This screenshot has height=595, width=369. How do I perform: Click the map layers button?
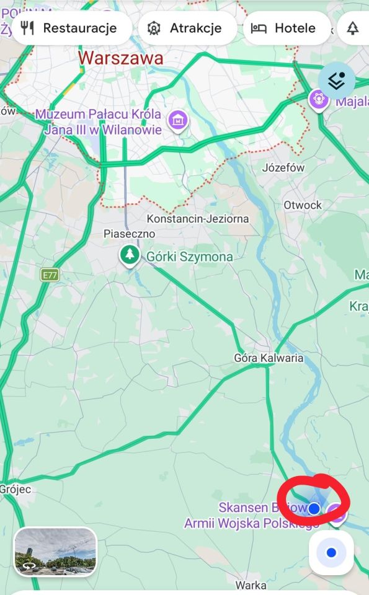[x=337, y=81]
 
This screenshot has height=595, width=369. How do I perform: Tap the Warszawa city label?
[x=121, y=59]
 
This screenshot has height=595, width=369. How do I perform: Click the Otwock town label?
[x=303, y=205]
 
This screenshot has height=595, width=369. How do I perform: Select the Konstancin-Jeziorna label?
[x=198, y=219]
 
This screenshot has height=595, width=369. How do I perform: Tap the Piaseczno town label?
[x=129, y=234]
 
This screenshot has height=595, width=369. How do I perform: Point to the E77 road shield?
[x=50, y=275]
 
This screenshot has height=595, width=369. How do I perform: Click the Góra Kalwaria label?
[x=269, y=358]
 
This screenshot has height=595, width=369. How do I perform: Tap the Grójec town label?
[x=15, y=489]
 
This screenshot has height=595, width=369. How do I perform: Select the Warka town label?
[x=251, y=585]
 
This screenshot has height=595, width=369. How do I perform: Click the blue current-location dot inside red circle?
[x=314, y=509]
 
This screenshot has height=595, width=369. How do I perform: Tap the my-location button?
[x=331, y=552]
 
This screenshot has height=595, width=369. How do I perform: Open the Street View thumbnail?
[x=55, y=551]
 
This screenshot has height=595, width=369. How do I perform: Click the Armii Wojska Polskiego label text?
[x=251, y=524]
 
